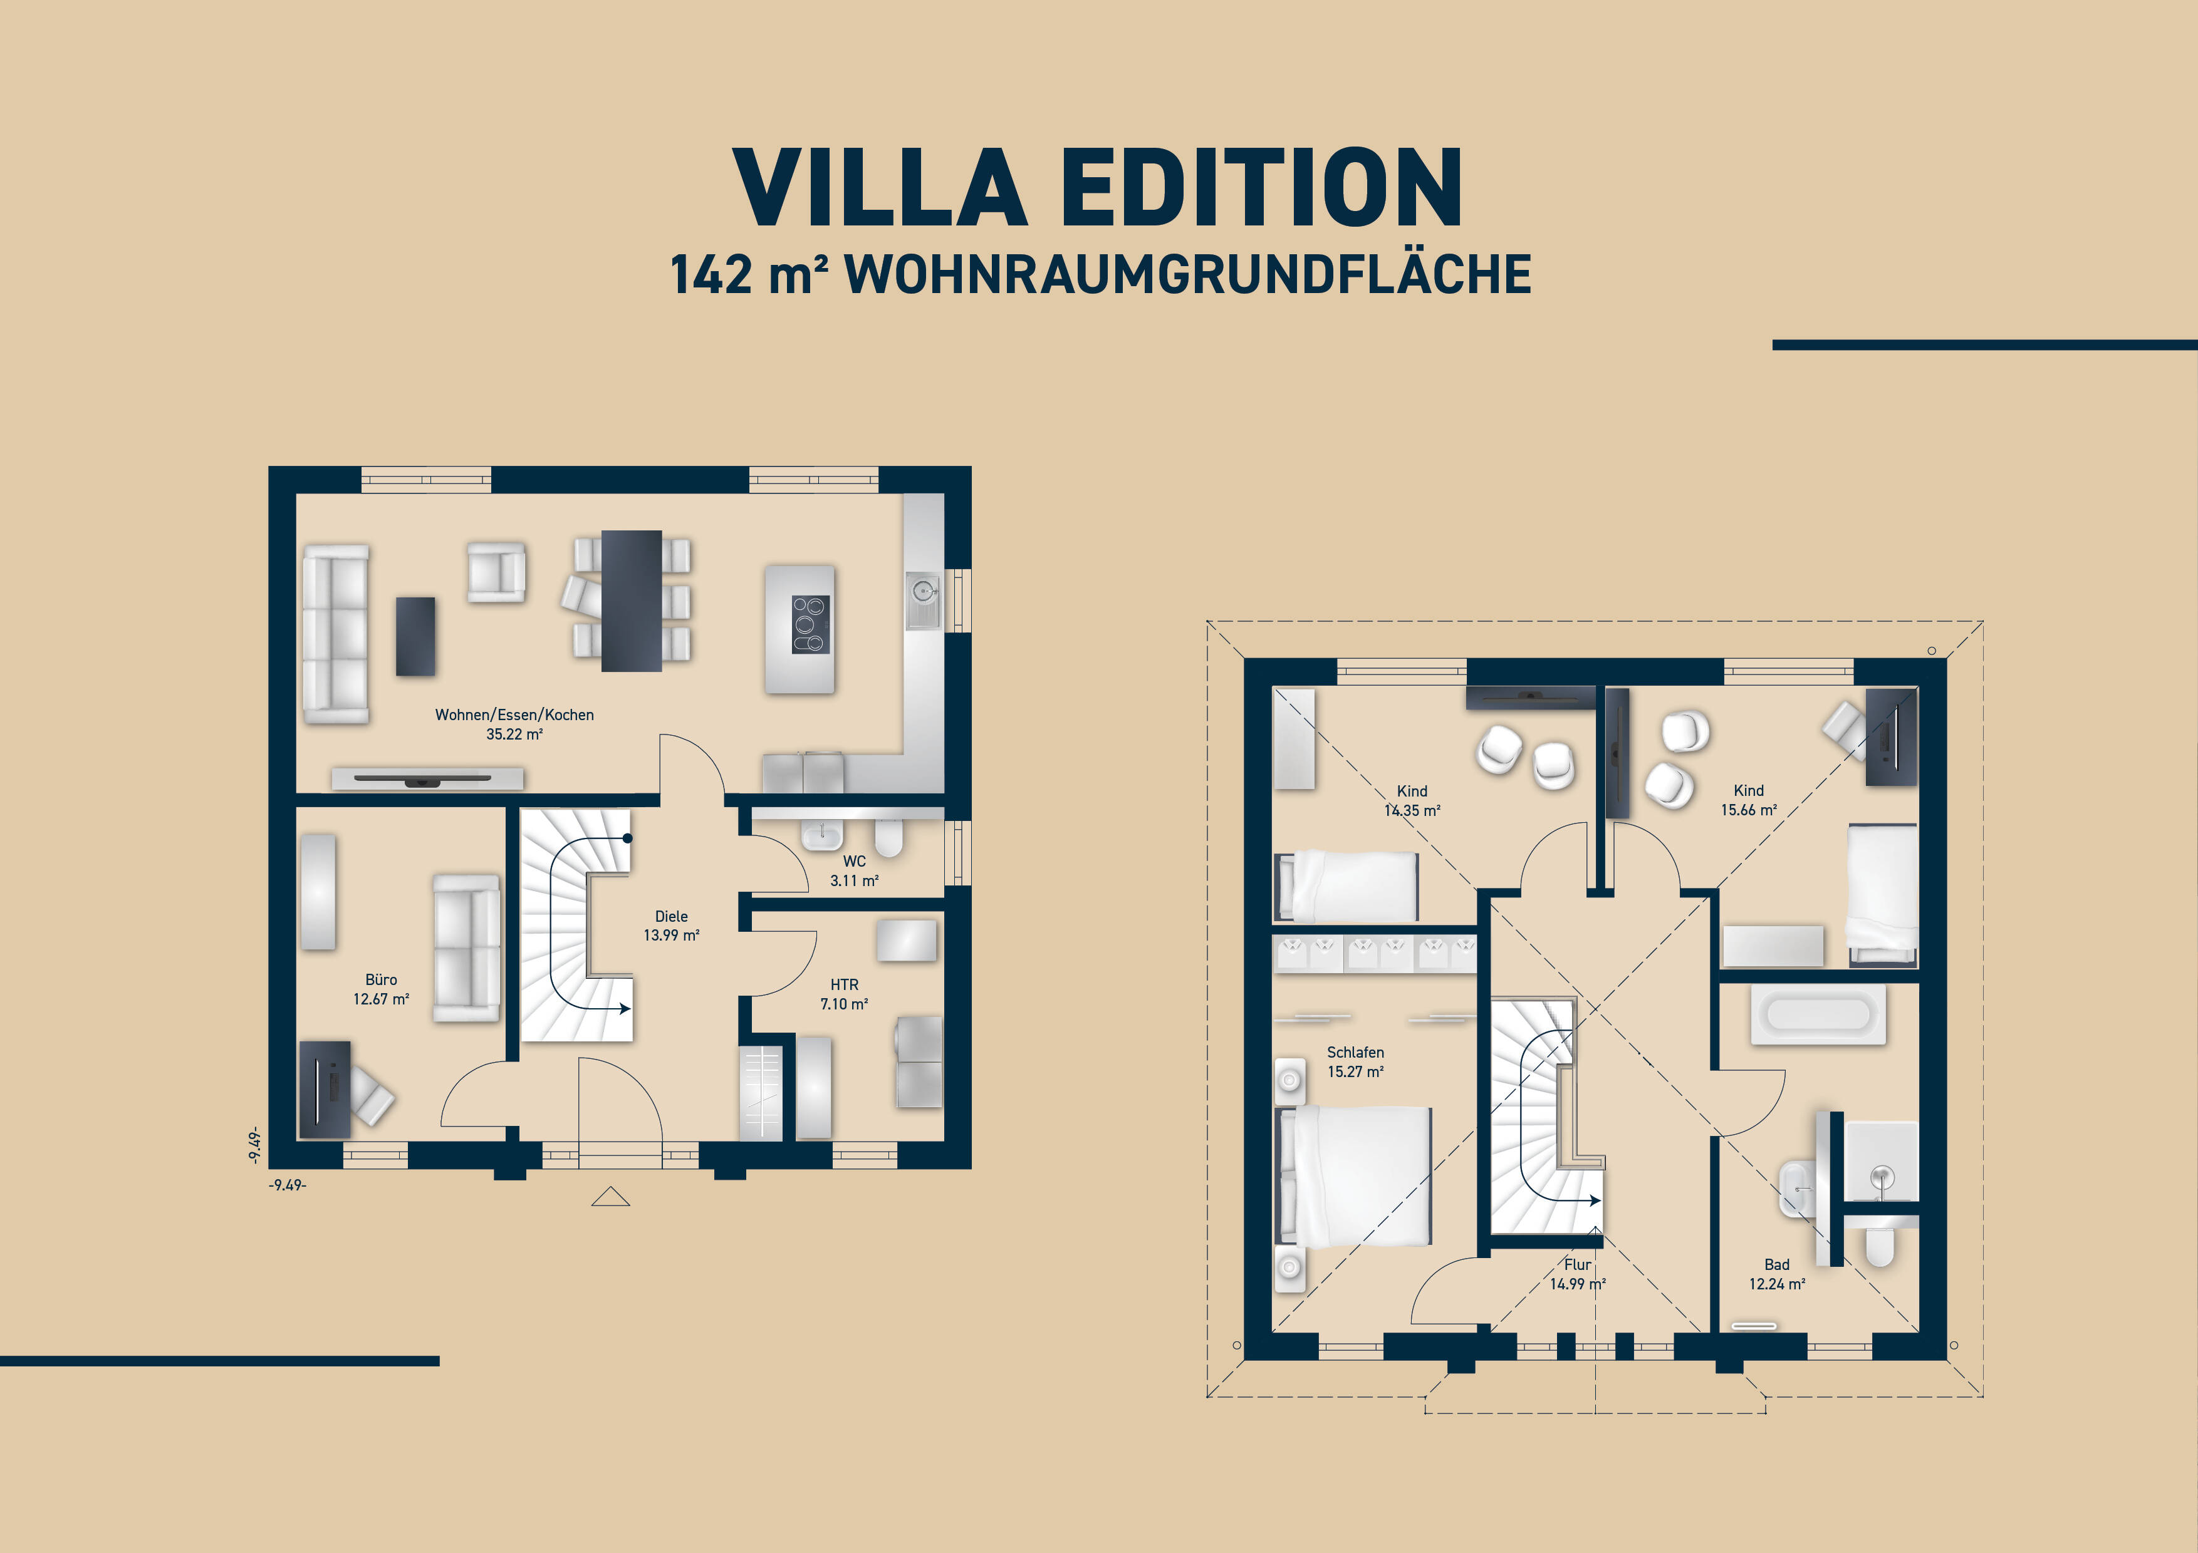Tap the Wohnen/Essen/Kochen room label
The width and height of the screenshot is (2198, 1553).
pos(514,715)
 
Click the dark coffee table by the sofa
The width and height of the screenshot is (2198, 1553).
pos(415,636)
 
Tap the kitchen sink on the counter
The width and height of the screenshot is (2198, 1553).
pos(922,593)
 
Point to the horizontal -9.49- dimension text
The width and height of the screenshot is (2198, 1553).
pos(287,1185)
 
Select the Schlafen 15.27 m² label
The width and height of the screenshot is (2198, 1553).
pos(1355,1062)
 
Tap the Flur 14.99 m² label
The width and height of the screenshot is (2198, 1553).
pos(1578,1274)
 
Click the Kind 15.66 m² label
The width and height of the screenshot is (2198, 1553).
pos(1748,800)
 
